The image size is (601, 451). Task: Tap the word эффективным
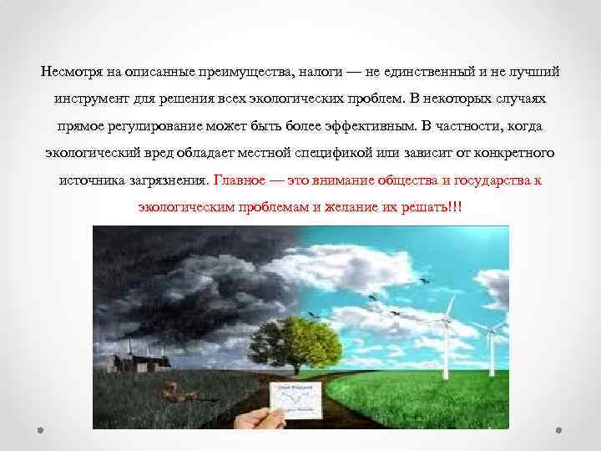pos(366,126)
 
